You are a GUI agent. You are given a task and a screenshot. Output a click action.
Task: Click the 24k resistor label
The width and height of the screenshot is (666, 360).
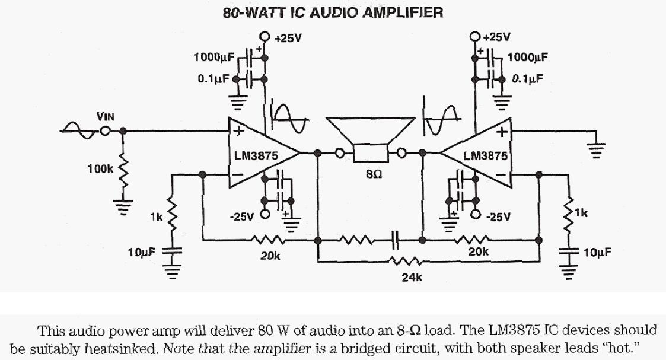[412, 277]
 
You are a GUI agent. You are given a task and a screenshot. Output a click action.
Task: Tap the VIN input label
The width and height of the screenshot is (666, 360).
[106, 117]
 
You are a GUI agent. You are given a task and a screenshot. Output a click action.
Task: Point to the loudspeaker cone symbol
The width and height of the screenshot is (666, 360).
[371, 133]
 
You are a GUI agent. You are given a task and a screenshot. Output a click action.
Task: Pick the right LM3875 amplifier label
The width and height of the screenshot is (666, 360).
[485, 156]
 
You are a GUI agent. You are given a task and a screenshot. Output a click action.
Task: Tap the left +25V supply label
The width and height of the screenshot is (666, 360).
[289, 39]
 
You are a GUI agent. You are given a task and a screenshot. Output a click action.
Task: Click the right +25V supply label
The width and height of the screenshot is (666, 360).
[496, 37]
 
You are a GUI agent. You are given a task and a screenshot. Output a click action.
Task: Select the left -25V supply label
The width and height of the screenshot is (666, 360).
[241, 217]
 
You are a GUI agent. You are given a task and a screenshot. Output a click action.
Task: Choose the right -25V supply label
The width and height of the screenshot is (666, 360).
[498, 217]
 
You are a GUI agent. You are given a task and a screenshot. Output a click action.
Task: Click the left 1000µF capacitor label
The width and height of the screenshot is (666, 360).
[214, 58]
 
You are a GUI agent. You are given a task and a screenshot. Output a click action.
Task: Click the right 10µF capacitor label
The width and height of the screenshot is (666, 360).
[597, 253]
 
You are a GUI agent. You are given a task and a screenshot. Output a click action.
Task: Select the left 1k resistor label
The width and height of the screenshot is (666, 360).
[156, 218]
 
